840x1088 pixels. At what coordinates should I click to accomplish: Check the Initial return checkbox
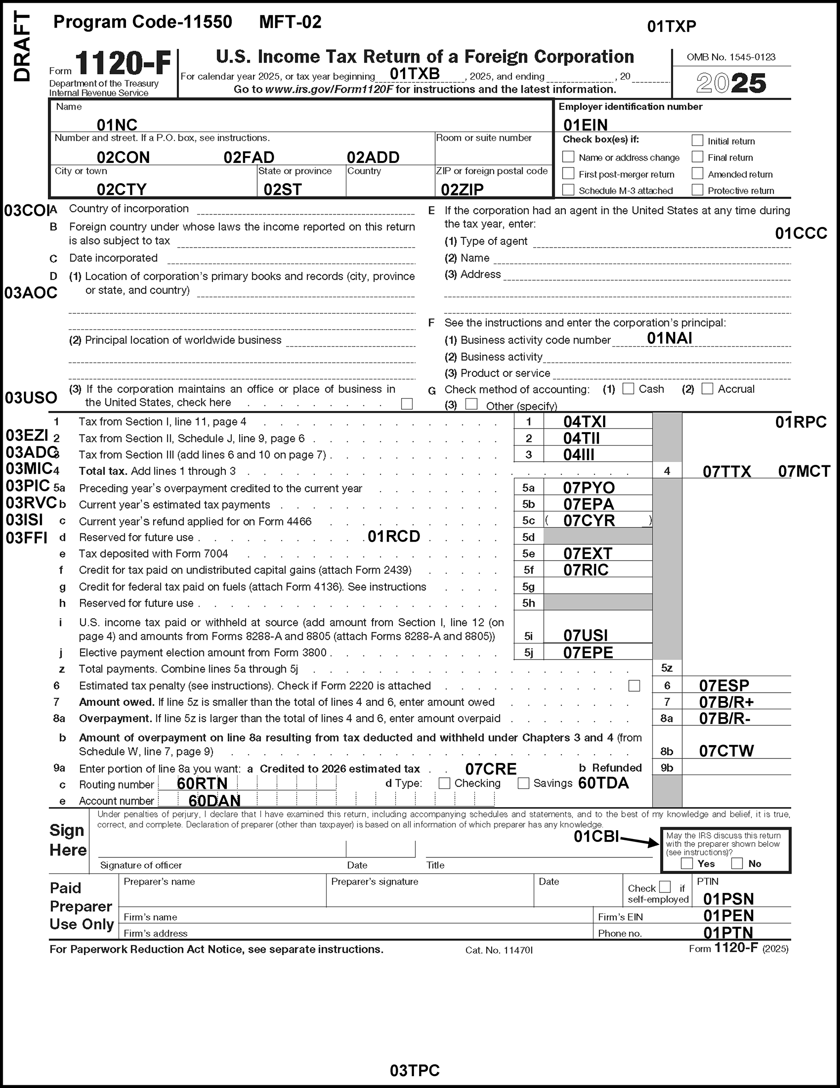point(697,140)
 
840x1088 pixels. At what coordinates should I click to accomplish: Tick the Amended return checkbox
point(697,174)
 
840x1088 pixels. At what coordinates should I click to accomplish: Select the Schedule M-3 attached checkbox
point(568,190)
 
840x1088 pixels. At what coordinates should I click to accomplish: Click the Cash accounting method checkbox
point(628,388)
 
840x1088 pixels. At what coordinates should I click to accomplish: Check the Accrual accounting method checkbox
point(707,388)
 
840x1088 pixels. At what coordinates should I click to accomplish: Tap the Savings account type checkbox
point(524,783)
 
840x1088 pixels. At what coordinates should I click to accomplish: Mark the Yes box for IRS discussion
point(687,863)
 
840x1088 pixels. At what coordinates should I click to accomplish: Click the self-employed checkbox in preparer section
point(665,887)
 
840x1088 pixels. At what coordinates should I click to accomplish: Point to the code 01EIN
point(586,125)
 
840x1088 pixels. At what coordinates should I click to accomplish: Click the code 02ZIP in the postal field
point(462,190)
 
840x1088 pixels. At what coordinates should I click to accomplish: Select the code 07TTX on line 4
point(726,471)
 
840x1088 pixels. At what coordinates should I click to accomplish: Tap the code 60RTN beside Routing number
point(202,784)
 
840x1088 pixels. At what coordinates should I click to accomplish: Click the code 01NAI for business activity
point(669,338)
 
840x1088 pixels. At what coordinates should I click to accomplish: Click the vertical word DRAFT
point(23,47)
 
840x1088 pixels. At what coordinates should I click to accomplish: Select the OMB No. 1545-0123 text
point(731,57)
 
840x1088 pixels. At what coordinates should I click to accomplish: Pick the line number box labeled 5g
point(528,587)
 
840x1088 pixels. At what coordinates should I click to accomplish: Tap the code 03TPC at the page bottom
point(415,1070)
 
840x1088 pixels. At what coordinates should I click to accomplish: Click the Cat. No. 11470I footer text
point(499,950)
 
